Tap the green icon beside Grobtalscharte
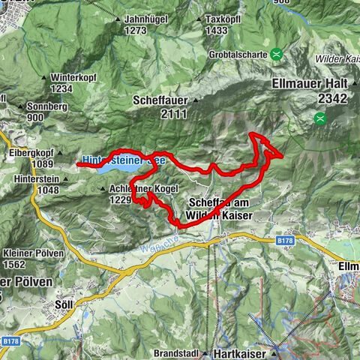[x=277, y=53]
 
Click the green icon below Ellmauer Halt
[x=321, y=117]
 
